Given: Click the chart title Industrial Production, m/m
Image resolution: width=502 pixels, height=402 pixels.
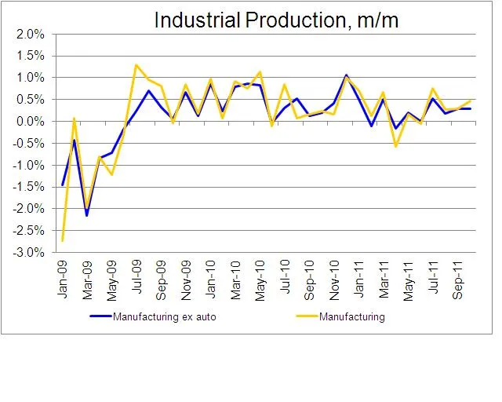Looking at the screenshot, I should pyautogui.click(x=276, y=20).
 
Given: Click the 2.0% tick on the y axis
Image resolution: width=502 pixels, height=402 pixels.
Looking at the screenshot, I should pyautogui.click(x=31, y=35).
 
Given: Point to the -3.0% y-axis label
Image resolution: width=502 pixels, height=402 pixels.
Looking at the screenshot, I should pyautogui.click(x=30, y=253).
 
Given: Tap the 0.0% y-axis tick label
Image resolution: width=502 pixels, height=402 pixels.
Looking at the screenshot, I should pyautogui.click(x=31, y=122).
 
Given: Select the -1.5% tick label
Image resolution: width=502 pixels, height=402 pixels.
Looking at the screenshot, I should pyautogui.click(x=30, y=187).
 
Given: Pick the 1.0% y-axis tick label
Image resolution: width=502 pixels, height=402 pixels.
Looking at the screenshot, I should pyautogui.click(x=31, y=78).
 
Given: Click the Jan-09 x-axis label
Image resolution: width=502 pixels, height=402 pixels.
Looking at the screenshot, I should pyautogui.click(x=64, y=275).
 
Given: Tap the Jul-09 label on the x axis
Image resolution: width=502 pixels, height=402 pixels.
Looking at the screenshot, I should pyautogui.click(x=138, y=275).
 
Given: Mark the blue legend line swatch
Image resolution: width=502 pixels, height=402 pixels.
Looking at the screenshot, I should pyautogui.click(x=100, y=317).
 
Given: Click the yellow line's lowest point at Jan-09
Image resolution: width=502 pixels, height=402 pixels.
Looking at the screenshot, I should pyautogui.click(x=62, y=240).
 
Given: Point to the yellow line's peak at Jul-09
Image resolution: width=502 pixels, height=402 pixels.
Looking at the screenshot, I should pyautogui.click(x=136, y=64).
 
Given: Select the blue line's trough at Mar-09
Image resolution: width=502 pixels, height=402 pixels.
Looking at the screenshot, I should pyautogui.click(x=87, y=215).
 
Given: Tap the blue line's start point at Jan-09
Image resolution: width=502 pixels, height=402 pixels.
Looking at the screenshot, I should pyautogui.click(x=62, y=185).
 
